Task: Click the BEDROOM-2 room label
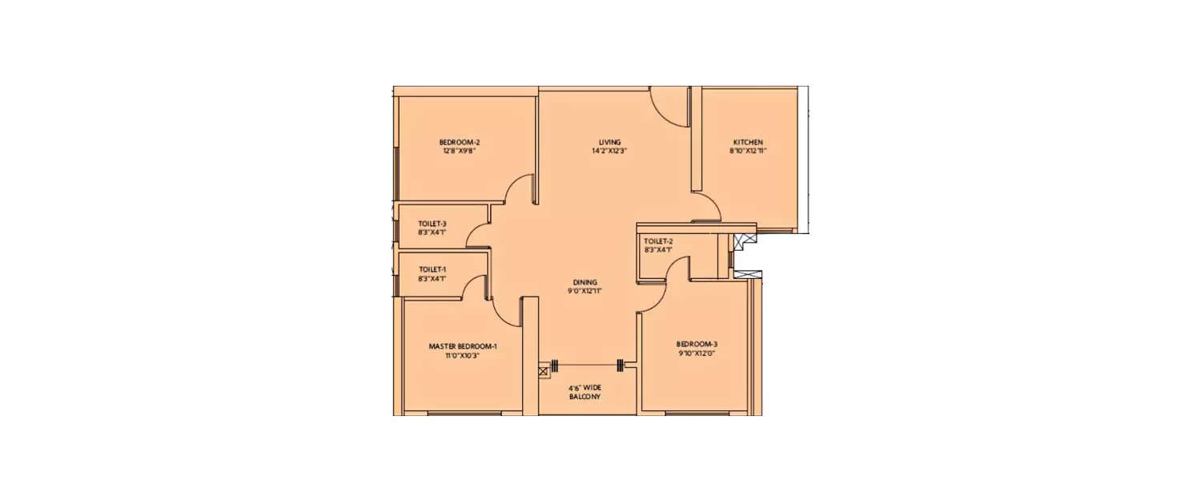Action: (460, 142)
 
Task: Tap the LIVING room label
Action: (609, 142)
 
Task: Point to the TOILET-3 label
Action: (432, 224)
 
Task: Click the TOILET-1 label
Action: (432, 269)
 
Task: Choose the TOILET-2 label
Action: (658, 240)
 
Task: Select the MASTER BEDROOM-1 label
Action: (463, 346)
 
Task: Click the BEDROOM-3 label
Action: (693, 343)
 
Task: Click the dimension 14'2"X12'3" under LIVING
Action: (609, 151)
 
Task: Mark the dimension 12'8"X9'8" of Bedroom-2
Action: (460, 151)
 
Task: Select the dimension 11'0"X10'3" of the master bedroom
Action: (463, 355)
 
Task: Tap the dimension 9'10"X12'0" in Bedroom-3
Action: (693, 352)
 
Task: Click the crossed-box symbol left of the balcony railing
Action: (544, 370)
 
